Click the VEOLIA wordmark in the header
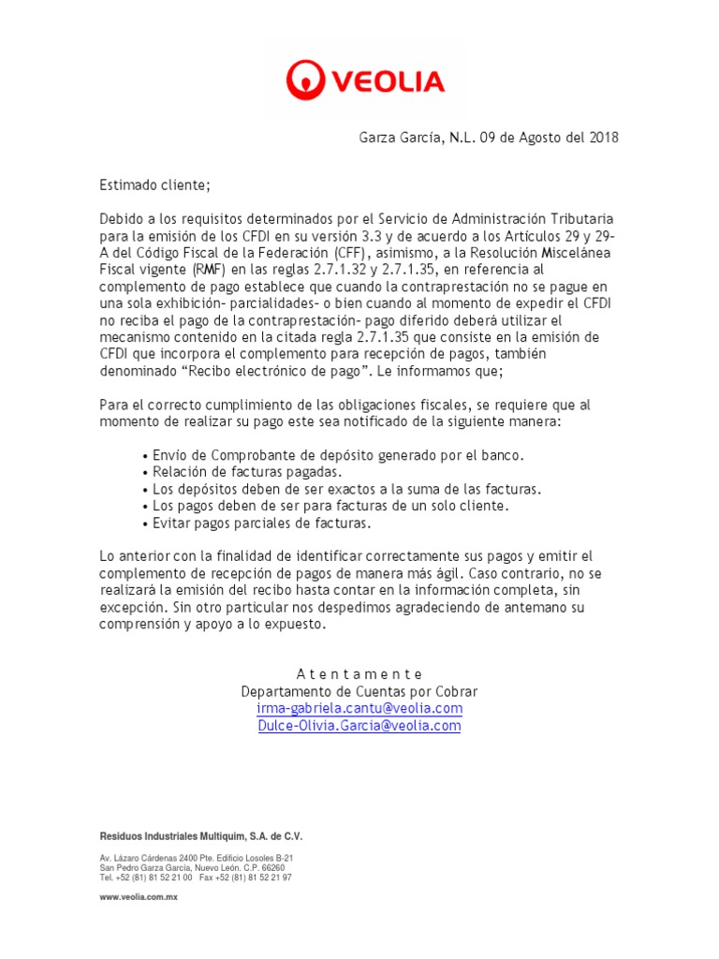click(385, 81)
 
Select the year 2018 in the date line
click(603, 139)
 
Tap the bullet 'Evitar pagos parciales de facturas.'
click(261, 524)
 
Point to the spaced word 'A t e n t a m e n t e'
click(359, 674)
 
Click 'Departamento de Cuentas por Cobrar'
click(359, 691)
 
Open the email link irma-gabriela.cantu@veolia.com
click(359, 708)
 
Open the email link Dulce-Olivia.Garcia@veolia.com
click(359, 726)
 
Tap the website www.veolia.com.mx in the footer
click(139, 897)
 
